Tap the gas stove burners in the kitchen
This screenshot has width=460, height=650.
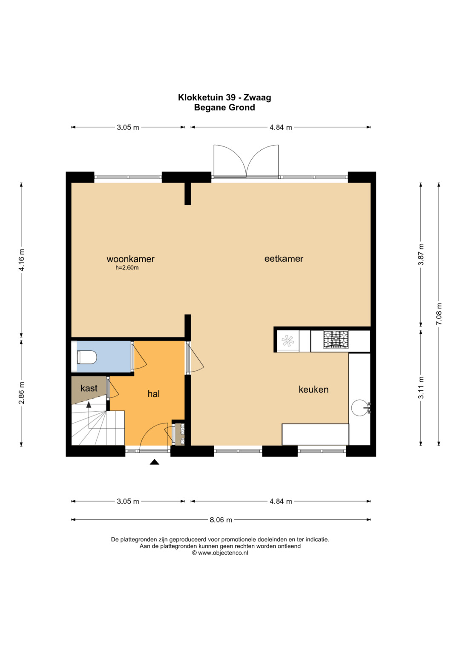pyautogui.click(x=336, y=340)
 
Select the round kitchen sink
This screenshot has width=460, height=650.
pyautogui.click(x=359, y=408)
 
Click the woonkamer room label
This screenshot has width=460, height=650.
pyautogui.click(x=130, y=259)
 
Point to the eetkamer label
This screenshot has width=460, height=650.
pyautogui.click(x=284, y=258)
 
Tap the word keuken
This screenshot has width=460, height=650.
pyautogui.click(x=313, y=389)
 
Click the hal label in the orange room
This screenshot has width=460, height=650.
pyautogui.click(x=154, y=394)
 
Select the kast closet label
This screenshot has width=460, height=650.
pyautogui.click(x=89, y=388)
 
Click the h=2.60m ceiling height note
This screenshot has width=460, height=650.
pyautogui.click(x=127, y=268)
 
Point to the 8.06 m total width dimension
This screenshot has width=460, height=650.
pyautogui.click(x=221, y=520)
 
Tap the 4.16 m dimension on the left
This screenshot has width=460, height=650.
pyautogui.click(x=21, y=260)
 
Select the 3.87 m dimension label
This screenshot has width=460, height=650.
pyautogui.click(x=421, y=254)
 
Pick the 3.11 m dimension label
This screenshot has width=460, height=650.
pyautogui.click(x=421, y=387)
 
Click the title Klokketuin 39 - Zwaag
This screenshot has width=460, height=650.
pyautogui.click(x=224, y=97)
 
